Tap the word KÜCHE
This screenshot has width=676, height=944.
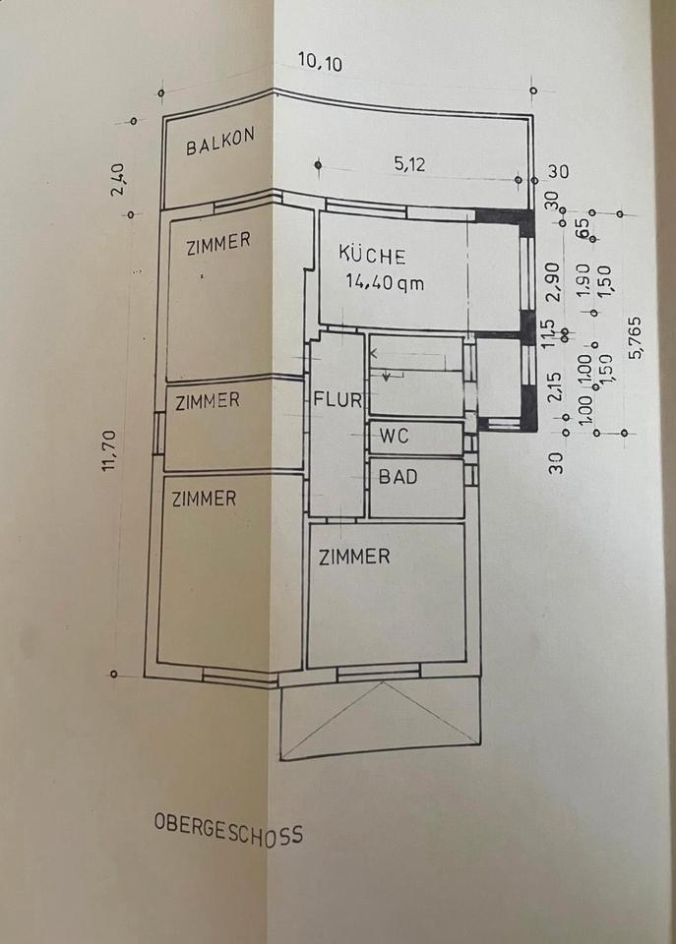click(x=372, y=256)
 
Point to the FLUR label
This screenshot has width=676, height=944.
click(x=338, y=400)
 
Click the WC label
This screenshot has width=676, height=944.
click(x=395, y=437)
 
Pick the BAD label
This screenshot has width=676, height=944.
click(x=399, y=477)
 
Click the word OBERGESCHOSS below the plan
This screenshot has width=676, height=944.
click(x=228, y=829)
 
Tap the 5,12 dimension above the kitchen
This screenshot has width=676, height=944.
click(x=409, y=165)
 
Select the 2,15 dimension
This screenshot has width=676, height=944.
click(x=554, y=385)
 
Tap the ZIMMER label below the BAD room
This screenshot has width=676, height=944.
click(x=354, y=557)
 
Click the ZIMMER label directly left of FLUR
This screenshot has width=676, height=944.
click(x=207, y=400)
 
